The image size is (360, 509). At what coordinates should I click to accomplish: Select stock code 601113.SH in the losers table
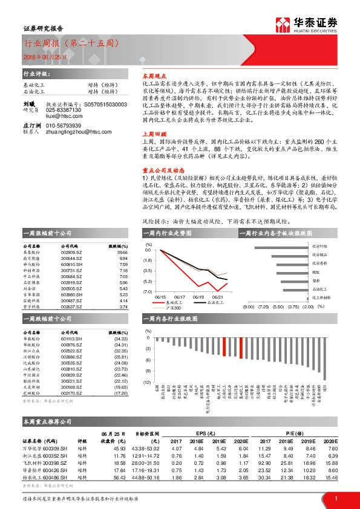[71, 339]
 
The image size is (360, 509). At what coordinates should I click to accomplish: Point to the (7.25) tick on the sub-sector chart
[263, 307]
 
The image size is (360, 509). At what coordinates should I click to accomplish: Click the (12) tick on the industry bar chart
[147, 383]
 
